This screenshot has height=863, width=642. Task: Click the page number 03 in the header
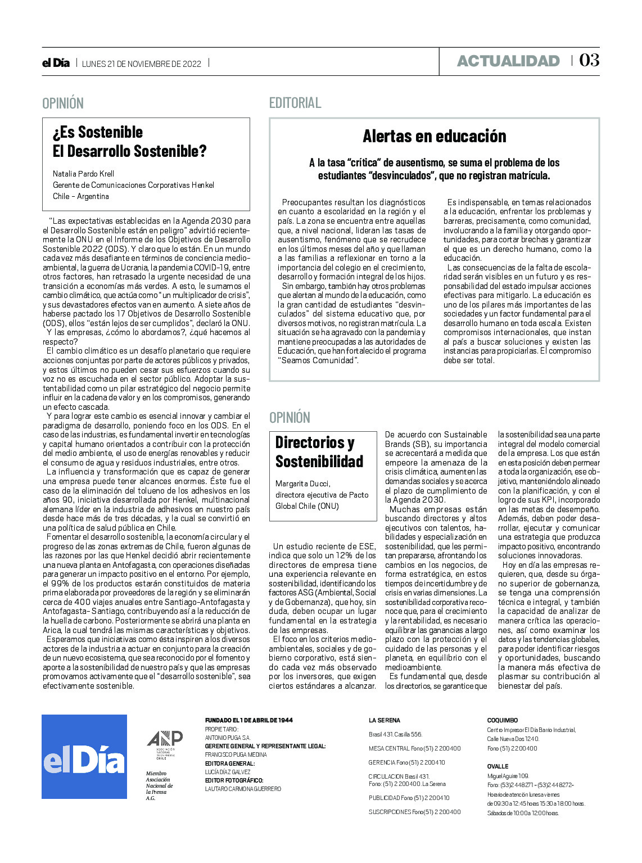[x=589, y=60]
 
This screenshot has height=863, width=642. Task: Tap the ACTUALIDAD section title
[x=508, y=61]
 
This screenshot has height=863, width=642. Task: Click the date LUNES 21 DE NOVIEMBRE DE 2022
[x=142, y=64]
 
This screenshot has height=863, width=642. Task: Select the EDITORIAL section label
[x=295, y=103]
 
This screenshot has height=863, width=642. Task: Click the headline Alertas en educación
[x=434, y=136]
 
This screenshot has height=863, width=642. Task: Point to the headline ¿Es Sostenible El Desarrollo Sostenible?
[x=130, y=142]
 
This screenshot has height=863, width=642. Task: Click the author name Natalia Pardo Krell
[x=83, y=174]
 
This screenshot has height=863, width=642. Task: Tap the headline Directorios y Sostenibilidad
[x=319, y=452]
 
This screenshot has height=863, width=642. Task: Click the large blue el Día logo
[x=84, y=756]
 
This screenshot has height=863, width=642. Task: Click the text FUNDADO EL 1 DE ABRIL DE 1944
[x=248, y=720]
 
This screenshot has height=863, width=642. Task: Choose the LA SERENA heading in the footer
[x=385, y=720]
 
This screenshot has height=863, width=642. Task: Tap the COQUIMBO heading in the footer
[x=502, y=720]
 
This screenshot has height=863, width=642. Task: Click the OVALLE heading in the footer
[x=498, y=766]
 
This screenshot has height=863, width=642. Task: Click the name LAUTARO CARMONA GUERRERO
[x=243, y=789]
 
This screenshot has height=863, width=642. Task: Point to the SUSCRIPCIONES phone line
[x=414, y=812]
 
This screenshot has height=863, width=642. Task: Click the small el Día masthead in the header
[x=56, y=63]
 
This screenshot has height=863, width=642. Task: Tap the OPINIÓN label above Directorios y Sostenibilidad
[x=290, y=418]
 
